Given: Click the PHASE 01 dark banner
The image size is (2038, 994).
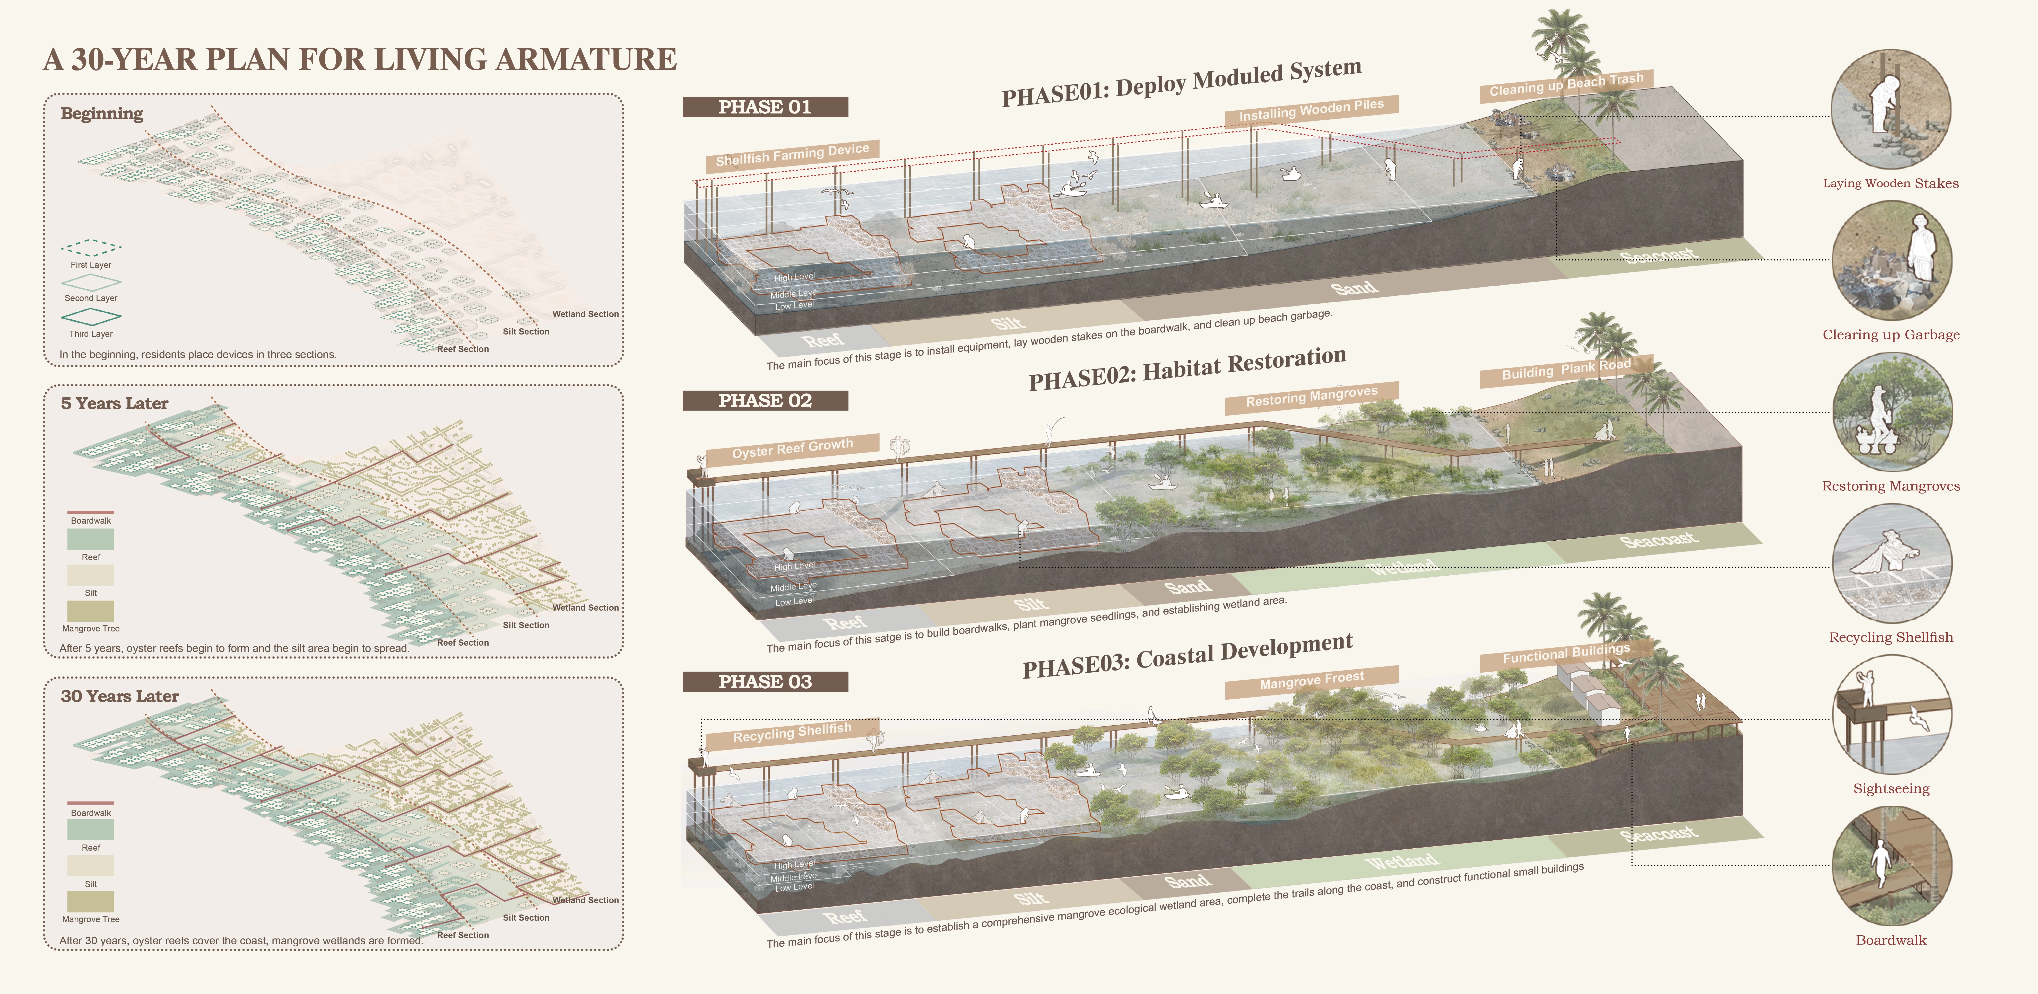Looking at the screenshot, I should [x=765, y=107].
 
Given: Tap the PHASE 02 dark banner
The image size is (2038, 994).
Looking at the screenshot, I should [x=765, y=401].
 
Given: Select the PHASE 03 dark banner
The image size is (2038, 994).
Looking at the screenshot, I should [x=765, y=682].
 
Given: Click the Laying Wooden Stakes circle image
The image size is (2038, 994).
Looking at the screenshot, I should [x=1891, y=109].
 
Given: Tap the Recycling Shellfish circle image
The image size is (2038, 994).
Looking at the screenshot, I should [x=1891, y=563].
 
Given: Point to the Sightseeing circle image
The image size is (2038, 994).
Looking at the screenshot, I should [x=1891, y=714].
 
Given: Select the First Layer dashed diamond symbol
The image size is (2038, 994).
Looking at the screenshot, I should [x=91, y=248].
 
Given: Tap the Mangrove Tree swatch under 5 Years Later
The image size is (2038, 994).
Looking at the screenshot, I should [x=91, y=611].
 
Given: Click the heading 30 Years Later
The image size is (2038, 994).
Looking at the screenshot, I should [x=119, y=696].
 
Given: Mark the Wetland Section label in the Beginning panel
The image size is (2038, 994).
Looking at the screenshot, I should [x=585, y=314].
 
